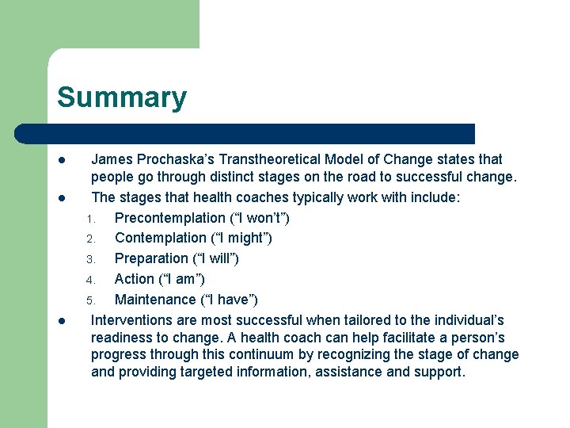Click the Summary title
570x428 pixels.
(122, 97)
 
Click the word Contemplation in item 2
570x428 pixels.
(160, 238)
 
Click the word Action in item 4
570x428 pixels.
(134, 279)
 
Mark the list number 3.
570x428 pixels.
(91, 259)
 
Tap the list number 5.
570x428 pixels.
(91, 300)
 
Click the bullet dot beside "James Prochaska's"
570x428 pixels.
(61, 160)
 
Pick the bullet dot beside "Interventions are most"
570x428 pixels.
(61, 321)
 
